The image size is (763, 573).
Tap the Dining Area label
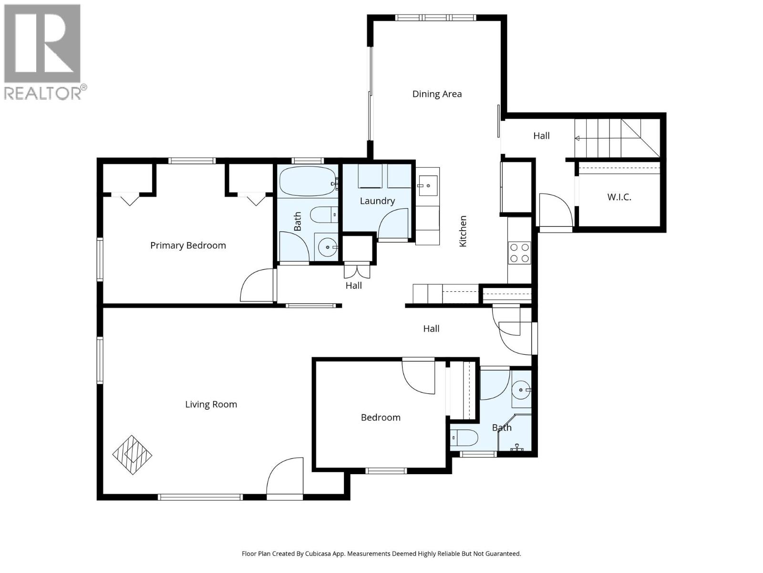[437, 94]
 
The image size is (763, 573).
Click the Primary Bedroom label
[188, 245]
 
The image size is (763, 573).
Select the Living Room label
[211, 404]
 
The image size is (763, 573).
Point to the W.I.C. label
[619, 197]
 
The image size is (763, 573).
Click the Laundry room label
[377, 201]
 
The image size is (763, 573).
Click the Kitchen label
[463, 231]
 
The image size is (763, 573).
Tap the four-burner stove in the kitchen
[519, 253]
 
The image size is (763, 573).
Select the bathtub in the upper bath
[308, 181]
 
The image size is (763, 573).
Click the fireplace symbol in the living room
[132, 454]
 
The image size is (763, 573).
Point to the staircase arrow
[577, 138]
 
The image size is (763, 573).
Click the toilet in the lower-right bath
[464, 437]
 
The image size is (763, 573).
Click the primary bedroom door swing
[258, 286]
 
